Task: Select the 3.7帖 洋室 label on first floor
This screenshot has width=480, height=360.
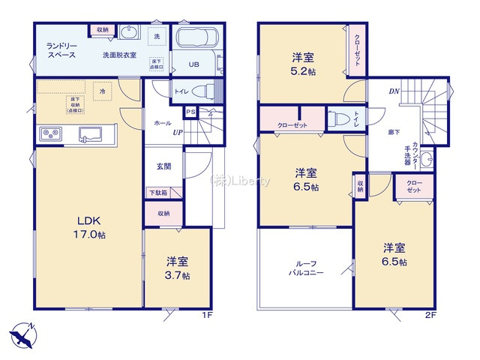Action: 178,268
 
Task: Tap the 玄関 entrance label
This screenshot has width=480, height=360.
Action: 164,166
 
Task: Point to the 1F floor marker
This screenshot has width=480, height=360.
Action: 208,315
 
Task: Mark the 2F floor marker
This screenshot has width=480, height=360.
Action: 430,316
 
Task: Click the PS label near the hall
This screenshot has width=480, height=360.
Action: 190,113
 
